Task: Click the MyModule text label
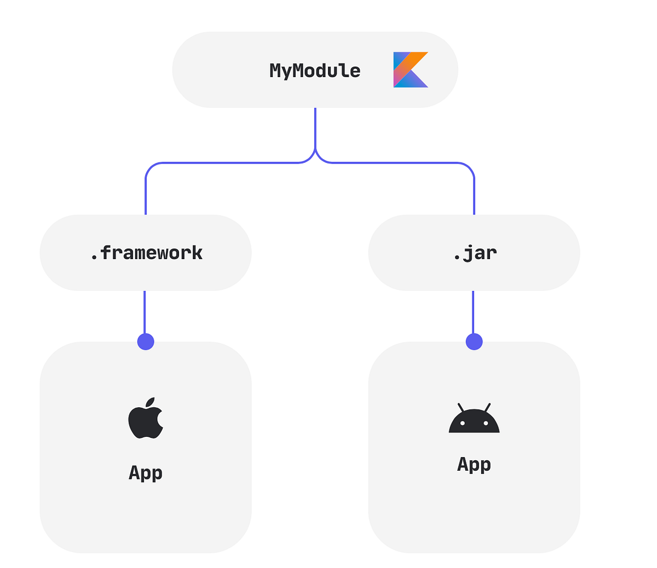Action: (315, 71)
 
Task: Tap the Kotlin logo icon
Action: (410, 70)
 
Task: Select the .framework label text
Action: (146, 253)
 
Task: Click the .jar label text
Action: (475, 253)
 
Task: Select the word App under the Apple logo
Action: (146, 472)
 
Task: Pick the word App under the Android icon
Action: (474, 464)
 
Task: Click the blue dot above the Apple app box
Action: (146, 342)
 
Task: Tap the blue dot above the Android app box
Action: (474, 342)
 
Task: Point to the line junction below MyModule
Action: (315, 150)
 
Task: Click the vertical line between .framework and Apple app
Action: (145, 312)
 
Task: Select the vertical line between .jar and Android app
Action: (473, 312)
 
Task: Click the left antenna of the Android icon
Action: (461, 407)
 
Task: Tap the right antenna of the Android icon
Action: (487, 407)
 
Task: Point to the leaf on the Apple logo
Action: (151, 402)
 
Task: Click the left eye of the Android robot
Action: (463, 423)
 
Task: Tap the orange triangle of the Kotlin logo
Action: (417, 58)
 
